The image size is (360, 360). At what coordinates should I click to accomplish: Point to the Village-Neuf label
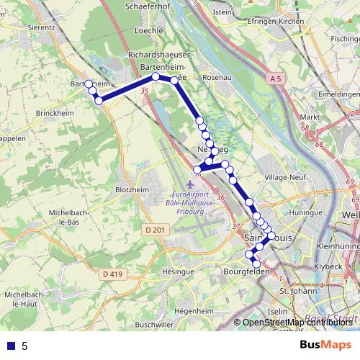[287, 176]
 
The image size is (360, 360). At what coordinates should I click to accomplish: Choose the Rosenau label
[217, 76]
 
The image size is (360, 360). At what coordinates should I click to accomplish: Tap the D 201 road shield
[154, 230]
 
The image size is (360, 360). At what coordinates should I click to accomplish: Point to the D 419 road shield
[112, 274]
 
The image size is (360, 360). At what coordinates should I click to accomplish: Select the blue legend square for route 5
[12, 346]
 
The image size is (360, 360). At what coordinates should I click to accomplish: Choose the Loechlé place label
[149, 32]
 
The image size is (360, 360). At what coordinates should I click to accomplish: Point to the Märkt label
[310, 117]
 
